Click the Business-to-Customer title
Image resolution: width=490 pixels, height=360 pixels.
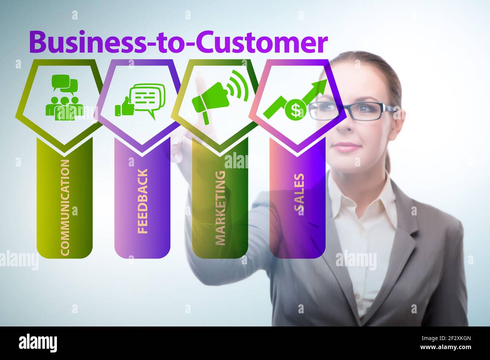[178, 43]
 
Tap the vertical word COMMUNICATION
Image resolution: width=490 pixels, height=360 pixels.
[65, 207]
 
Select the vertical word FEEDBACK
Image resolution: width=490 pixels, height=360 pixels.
[142, 201]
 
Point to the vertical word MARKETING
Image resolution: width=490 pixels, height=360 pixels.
[220, 208]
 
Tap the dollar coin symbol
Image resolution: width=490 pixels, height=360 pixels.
[295, 110]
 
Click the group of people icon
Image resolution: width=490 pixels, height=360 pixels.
[62, 108]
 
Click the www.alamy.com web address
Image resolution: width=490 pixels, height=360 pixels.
[446, 347]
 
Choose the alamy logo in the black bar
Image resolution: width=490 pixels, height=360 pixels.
[38, 343]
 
